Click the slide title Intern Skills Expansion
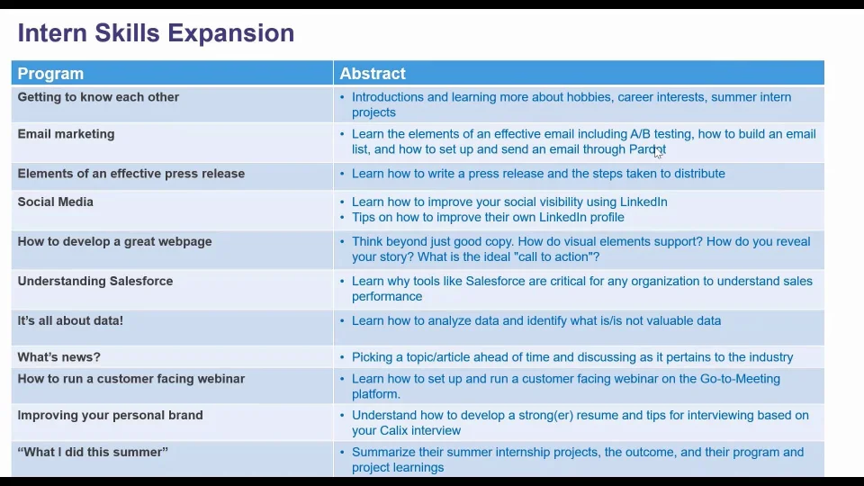click(156, 33)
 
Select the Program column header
click(50, 73)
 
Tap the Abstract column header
click(373, 73)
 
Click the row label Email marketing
click(66, 134)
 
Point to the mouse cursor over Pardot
click(658, 153)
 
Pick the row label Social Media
click(56, 202)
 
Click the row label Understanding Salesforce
click(95, 281)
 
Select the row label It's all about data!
click(70, 320)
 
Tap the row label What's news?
click(59, 357)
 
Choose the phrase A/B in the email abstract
click(640, 134)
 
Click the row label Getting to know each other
click(98, 97)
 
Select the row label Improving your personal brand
click(110, 416)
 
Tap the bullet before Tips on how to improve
click(342, 217)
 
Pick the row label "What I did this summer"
click(93, 452)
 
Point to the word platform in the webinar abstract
click(376, 394)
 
